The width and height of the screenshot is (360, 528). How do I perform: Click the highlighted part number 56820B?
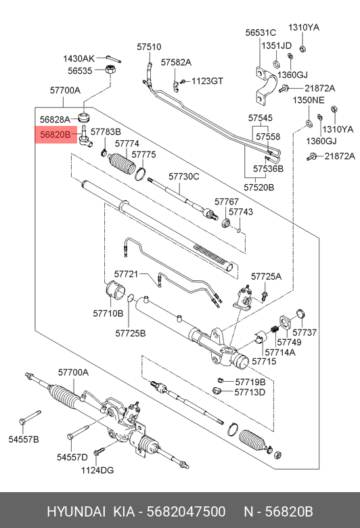pos(55,135)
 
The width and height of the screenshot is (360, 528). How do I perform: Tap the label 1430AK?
pos(79,58)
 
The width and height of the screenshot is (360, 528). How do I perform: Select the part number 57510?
pos(149,47)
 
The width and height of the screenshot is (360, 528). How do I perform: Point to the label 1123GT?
pos(206,81)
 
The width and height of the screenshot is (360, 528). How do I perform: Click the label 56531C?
pos(261,32)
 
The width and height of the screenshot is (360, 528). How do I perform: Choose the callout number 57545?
pos(261,117)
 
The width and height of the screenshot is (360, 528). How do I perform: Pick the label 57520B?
pos(259,186)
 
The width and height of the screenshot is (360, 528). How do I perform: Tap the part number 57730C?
pos(183,177)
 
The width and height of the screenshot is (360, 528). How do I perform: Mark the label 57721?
pos(126,274)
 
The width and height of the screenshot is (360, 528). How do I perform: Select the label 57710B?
pos(108,313)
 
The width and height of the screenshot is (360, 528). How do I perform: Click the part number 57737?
pos(304,332)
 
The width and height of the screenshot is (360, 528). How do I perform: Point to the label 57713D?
pos(250,392)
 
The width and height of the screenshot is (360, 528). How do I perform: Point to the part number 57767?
pos(227,202)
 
